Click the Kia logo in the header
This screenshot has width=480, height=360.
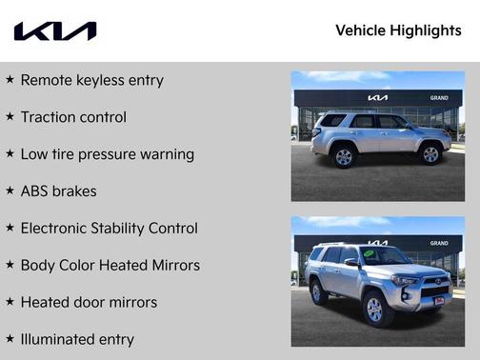pos(54,31)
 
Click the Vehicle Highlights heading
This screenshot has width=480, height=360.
pos(398,30)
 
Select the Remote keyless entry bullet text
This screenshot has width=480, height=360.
pos(91,80)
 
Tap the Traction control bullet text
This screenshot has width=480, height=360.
pos(73,117)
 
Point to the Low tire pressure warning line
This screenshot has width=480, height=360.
pos(107,154)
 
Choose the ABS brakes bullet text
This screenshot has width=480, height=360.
pos(58,191)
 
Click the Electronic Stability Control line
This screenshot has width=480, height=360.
pos(109,229)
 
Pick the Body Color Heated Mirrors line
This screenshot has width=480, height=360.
pos(110,266)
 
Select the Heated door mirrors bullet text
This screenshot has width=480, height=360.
pos(89,303)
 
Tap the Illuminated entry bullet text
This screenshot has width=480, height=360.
pos(77,340)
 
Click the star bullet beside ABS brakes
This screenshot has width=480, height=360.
pos(10,190)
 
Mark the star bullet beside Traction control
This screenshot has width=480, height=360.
pos(10,116)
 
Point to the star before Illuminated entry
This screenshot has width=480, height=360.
pos(10,339)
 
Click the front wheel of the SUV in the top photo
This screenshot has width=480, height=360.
pos(430,154)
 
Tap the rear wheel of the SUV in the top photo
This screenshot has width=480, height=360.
pos(344,156)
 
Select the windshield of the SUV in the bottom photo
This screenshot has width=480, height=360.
pos(385,256)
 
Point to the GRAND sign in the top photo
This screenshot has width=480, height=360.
pos(438,98)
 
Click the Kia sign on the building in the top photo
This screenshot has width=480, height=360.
pos(378,98)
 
